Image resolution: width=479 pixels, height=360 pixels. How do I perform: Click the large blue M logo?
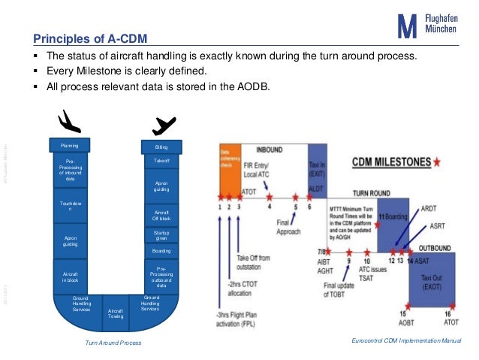point(406,27)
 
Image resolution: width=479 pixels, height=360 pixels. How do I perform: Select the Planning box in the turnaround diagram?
point(70,145)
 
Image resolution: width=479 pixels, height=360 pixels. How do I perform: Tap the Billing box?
point(161,147)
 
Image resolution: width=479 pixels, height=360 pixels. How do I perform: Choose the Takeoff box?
point(161,161)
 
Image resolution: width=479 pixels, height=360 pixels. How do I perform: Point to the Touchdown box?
point(70,206)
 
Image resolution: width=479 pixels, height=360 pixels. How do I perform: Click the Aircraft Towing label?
point(116,312)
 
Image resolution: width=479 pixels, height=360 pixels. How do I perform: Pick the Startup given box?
point(161,236)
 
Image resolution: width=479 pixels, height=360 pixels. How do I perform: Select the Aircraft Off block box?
point(161,215)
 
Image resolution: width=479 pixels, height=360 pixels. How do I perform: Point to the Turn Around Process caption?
point(113,343)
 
